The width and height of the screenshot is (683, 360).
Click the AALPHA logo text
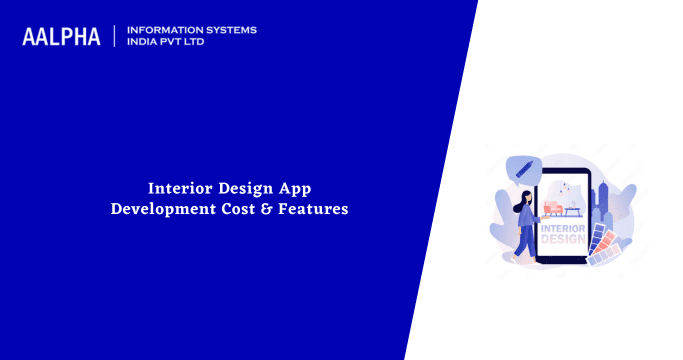click(62, 37)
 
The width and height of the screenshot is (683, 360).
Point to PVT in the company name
click(178, 43)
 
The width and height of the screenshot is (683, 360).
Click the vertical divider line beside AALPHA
click(116, 37)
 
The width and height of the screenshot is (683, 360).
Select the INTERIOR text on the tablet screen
click(563, 228)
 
